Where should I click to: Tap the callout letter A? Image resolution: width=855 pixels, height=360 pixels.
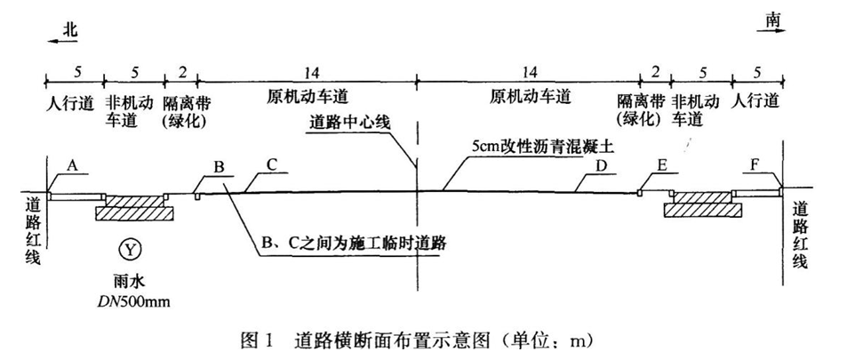(x=72, y=167)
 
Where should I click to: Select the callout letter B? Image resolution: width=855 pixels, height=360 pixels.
(x=220, y=167)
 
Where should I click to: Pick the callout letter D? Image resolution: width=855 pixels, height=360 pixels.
(x=600, y=167)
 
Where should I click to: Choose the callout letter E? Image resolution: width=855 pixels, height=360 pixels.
(x=662, y=167)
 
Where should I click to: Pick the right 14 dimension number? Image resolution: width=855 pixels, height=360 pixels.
(x=529, y=71)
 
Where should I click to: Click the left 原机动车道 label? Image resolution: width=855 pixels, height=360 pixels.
(x=308, y=99)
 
